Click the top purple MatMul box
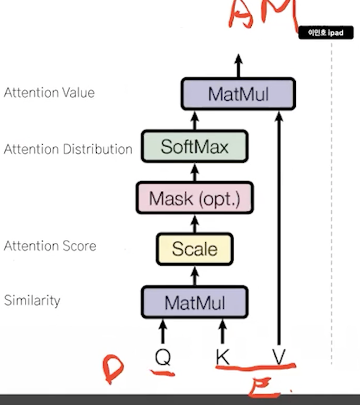click(x=239, y=94)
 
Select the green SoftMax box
click(x=194, y=146)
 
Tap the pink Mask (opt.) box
click(x=194, y=198)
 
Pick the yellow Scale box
click(x=194, y=249)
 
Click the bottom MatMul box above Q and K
click(x=194, y=302)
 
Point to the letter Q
click(x=163, y=358)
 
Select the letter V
click(x=279, y=358)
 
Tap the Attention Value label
click(x=49, y=93)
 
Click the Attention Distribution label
click(x=68, y=149)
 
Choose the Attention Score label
click(x=50, y=246)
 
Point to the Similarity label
click(x=32, y=301)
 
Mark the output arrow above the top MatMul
click(x=239, y=65)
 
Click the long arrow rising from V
click(x=279, y=232)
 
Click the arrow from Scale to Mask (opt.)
click(x=194, y=223)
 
